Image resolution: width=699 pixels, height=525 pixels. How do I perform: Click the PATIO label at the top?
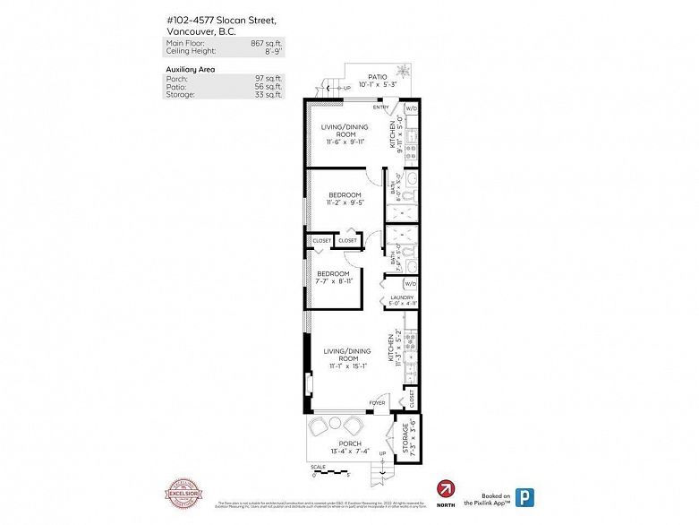377,78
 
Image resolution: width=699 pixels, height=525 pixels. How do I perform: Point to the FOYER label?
378,403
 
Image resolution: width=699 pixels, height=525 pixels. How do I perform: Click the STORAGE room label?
406,440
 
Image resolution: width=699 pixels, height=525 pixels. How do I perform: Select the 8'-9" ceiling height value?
267,51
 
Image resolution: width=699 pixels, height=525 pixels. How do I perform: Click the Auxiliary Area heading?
191,69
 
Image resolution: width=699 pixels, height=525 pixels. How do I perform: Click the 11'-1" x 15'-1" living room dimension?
348,366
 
